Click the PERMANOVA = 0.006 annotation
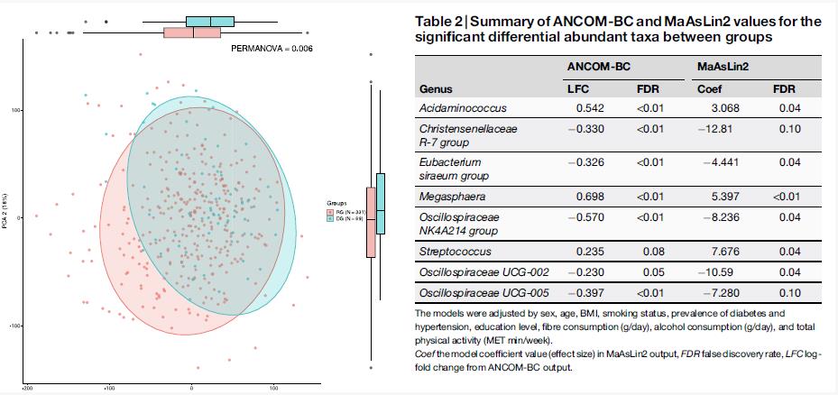(272, 47)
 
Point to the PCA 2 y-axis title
(5, 216)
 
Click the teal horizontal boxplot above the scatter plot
(210, 21)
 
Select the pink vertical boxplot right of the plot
(371, 223)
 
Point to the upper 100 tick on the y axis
(16, 110)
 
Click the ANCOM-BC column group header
(597, 66)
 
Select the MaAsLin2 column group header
(723, 66)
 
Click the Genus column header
(437, 90)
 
